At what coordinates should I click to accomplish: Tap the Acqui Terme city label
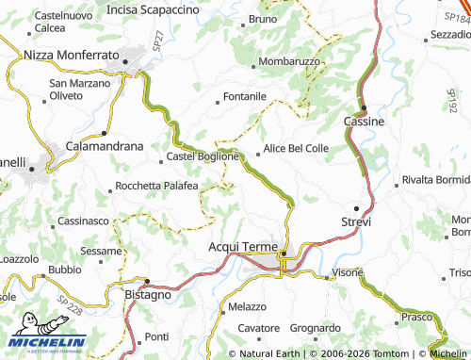(242, 246)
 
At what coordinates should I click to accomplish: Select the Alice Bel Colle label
(296, 149)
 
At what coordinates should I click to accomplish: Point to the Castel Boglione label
(196, 156)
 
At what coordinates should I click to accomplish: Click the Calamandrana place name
(104, 147)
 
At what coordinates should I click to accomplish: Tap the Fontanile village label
(244, 96)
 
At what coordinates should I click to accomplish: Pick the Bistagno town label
(147, 295)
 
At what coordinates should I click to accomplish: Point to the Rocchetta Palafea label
(156, 187)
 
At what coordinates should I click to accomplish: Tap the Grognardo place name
(315, 328)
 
